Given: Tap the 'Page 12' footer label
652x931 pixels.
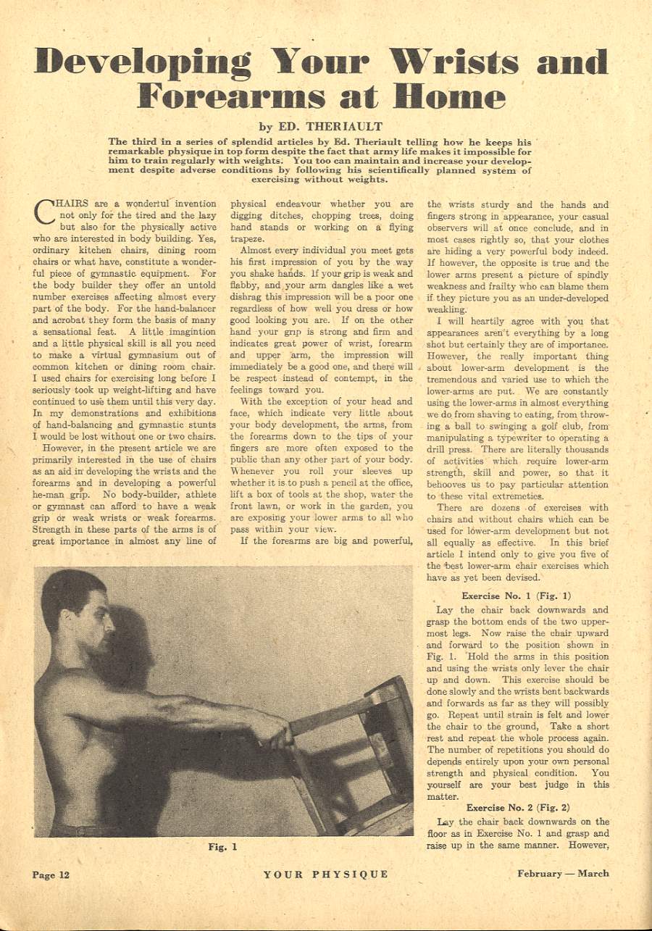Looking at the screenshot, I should coord(51,874).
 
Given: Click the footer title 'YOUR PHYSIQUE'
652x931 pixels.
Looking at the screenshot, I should coord(326,874).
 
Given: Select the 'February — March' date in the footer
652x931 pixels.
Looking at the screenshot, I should coord(563,873).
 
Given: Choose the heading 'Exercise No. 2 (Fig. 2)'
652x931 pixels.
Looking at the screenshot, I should coord(518,807).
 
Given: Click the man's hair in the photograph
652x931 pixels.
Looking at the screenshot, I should coord(69,590).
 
